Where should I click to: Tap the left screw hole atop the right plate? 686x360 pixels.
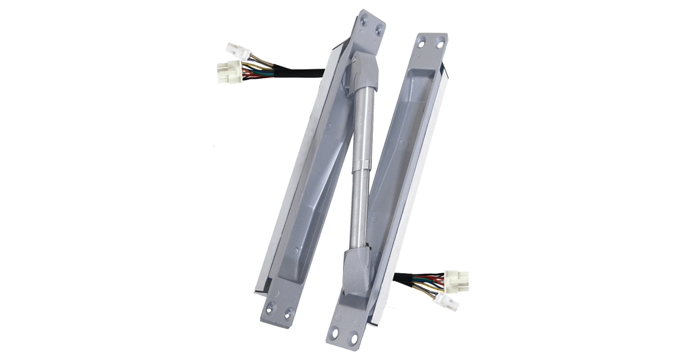coord(421,41)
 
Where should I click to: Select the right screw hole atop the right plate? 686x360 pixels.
coord(439,40)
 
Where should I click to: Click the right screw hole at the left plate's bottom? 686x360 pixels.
coord(288,312)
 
